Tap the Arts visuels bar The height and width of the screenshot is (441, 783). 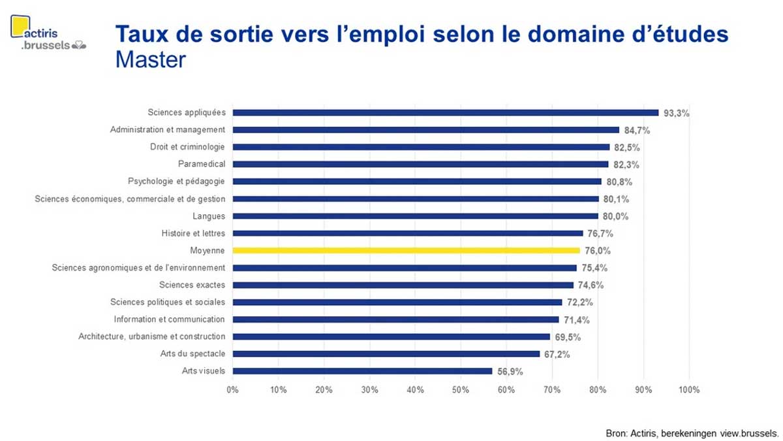(362, 371)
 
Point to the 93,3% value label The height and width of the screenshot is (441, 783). (677, 113)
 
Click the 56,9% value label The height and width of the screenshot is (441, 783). (510, 372)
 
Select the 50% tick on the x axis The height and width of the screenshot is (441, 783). (461, 390)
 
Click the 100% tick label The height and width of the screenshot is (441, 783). (688, 390)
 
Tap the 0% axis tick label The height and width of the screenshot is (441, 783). (233, 390)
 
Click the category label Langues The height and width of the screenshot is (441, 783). (209, 216)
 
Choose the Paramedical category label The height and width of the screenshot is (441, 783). (202, 164)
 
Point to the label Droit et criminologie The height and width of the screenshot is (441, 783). (187, 147)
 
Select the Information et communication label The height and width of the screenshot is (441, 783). (169, 319)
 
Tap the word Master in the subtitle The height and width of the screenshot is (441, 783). (150, 60)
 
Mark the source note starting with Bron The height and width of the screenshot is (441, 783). (692, 433)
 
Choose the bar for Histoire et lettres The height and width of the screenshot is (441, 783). (408, 233)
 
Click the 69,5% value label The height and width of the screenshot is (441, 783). (568, 337)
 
